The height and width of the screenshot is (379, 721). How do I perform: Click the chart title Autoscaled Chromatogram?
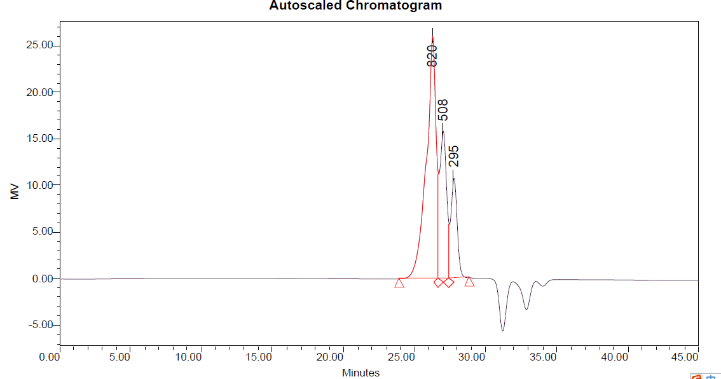click(355, 6)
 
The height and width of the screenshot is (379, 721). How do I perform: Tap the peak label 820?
click(432, 55)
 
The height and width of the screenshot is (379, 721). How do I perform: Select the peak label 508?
click(443, 109)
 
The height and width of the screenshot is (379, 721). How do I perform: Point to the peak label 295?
click(453, 156)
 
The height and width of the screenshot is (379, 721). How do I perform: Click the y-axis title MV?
click(15, 190)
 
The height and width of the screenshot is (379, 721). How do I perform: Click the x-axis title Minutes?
click(360, 373)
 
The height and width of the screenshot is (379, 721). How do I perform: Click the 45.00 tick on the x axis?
click(684, 357)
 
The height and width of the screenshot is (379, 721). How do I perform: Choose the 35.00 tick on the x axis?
click(542, 357)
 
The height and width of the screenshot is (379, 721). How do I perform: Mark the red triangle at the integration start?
click(399, 283)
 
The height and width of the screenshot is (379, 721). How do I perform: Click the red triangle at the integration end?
click(469, 282)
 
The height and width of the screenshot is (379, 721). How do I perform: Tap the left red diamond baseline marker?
click(439, 282)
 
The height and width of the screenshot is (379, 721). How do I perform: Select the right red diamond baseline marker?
click(449, 282)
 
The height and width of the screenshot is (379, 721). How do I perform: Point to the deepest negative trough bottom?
click(502, 331)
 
